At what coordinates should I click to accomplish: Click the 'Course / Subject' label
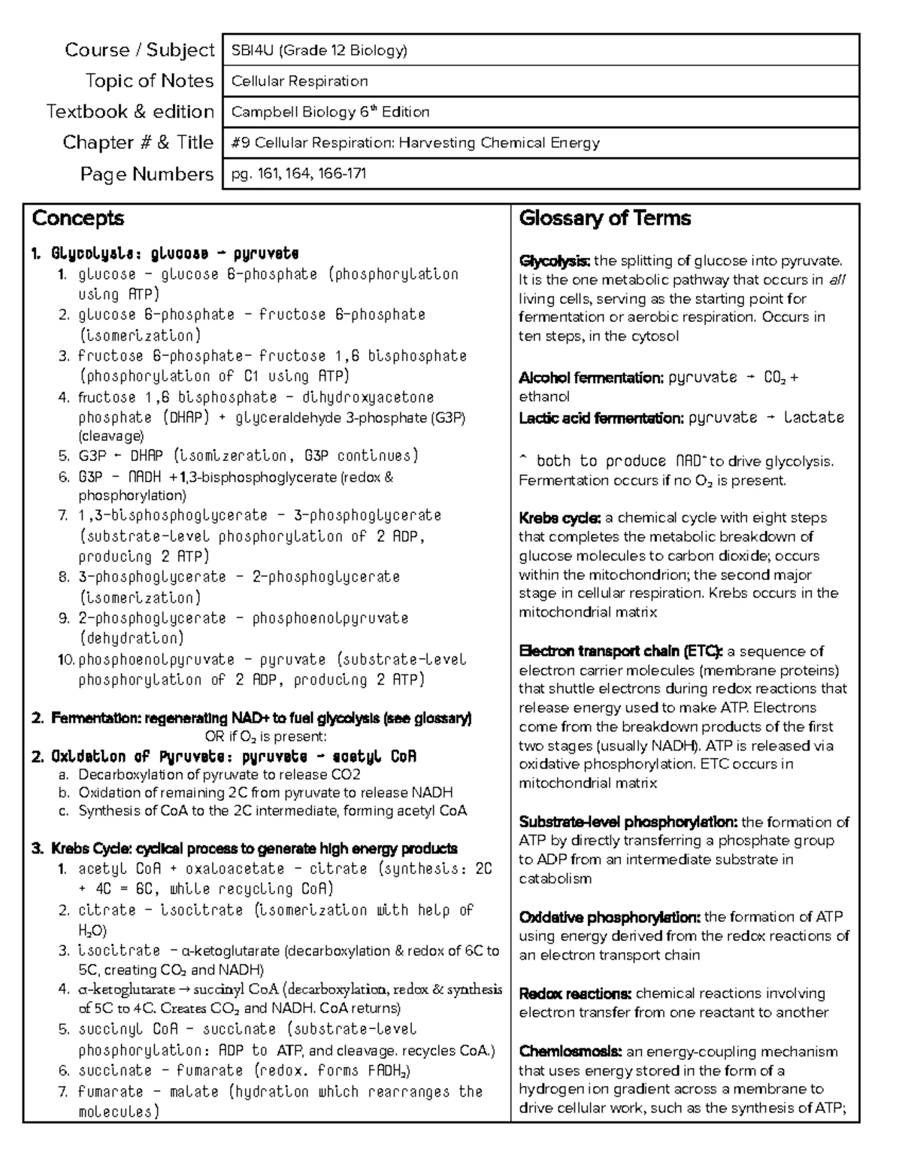tap(140, 50)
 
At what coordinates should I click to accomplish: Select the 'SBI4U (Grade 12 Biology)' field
tap(319, 50)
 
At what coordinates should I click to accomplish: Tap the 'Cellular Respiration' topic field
tap(299, 81)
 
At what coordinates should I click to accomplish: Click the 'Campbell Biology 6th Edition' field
tap(330, 112)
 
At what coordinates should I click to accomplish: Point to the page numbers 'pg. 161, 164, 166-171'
tap(298, 174)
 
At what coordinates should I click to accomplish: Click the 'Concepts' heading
tap(78, 219)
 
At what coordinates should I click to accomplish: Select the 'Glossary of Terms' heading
tap(604, 219)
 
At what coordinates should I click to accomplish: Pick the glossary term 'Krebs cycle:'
tap(559, 518)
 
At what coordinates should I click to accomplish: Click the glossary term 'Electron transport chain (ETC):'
tap(621, 651)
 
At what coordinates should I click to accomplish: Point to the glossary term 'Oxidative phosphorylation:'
tap(610, 918)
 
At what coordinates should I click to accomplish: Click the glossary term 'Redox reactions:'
tap(575, 994)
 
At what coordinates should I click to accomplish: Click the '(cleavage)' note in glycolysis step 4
tap(110, 436)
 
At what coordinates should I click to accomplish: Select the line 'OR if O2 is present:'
tap(265, 736)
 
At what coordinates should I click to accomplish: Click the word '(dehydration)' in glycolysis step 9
tap(131, 639)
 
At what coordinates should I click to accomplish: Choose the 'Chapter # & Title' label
tap(138, 143)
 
